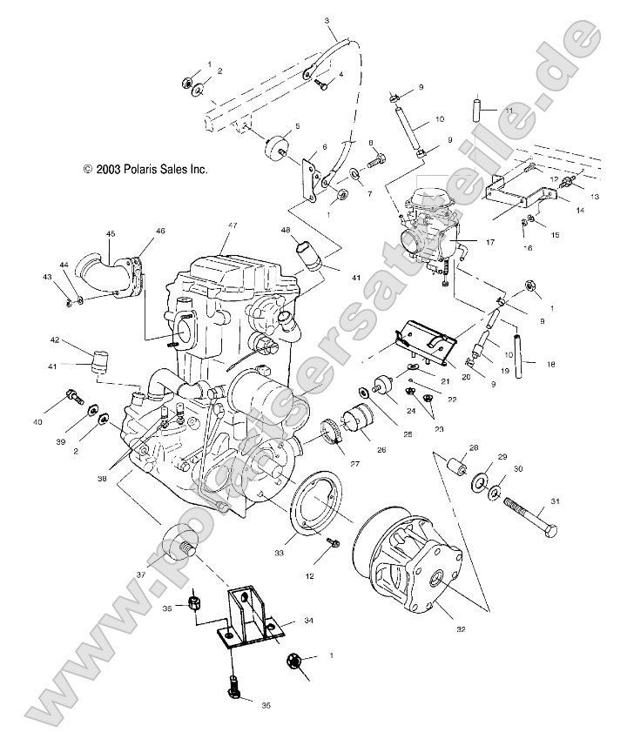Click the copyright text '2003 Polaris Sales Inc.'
[145, 170]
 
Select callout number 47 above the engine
[233, 226]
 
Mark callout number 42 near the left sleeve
[54, 340]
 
